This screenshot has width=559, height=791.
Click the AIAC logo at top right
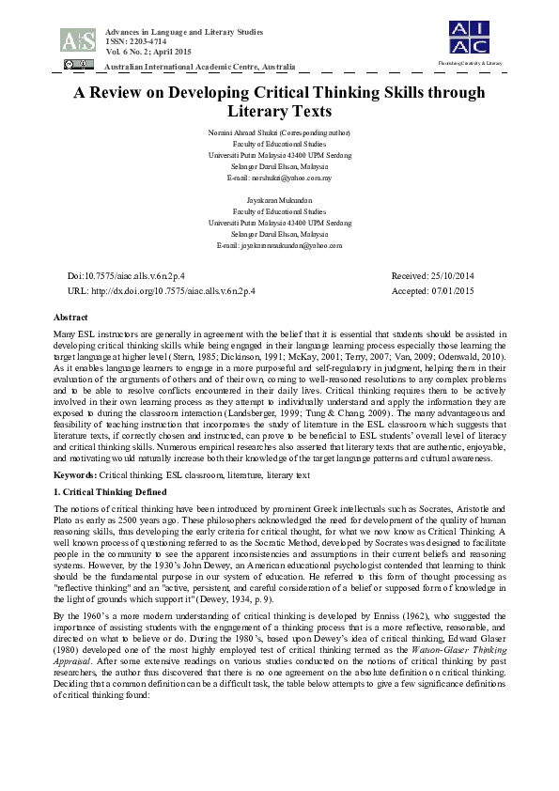(468, 37)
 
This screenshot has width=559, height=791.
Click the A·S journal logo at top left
(77, 39)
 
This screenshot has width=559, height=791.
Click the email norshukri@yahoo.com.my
(279, 178)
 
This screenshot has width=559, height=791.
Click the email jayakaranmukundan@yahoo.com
(279, 245)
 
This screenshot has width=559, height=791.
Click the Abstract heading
(71, 318)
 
